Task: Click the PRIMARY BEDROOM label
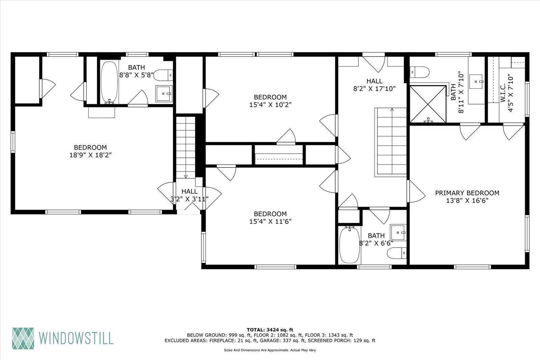467,193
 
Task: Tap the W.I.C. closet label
503,93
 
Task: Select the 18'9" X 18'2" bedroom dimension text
90,155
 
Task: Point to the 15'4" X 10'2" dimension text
270,105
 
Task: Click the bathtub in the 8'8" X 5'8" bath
109,82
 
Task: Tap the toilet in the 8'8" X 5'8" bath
163,75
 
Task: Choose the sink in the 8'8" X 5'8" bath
164,94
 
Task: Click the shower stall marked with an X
428,104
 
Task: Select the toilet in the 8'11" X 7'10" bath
420,72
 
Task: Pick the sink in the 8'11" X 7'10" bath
476,81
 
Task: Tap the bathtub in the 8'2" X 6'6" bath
350,245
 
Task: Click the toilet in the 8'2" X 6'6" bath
397,253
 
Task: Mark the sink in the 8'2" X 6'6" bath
398,232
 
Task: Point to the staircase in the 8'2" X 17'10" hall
391,142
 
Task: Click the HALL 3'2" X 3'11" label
189,195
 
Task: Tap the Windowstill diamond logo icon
23,338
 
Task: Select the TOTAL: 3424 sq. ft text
270,330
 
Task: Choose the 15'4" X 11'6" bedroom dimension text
270,222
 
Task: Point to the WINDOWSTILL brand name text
76,338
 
